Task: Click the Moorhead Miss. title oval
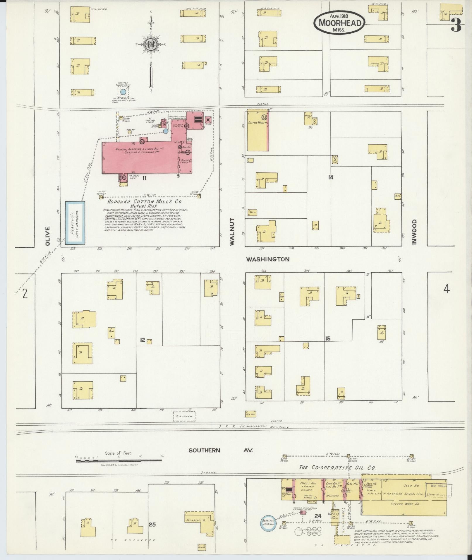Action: [339, 22]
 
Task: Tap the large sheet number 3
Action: [455, 26]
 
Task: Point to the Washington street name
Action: [268, 259]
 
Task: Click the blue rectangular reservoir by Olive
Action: [75, 222]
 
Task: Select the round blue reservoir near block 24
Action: [268, 522]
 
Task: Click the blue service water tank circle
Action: [123, 92]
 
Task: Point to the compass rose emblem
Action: [151, 44]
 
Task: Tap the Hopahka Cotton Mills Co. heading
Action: [144, 202]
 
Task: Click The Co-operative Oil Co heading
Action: [337, 467]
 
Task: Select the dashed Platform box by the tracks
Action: [184, 416]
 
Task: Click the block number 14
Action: [331, 177]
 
